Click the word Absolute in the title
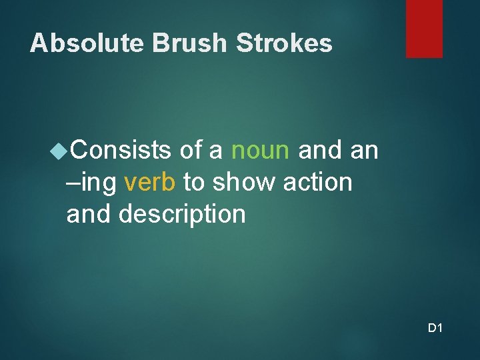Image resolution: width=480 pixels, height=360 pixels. point(87,43)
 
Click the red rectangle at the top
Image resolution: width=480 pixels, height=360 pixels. point(424,28)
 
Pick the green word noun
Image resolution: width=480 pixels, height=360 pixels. point(260,151)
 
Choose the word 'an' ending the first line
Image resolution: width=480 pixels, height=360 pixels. point(364,151)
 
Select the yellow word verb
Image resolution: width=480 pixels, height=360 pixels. point(150,183)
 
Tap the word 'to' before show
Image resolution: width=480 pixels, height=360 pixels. point(194,183)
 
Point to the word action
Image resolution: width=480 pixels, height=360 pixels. point(315,183)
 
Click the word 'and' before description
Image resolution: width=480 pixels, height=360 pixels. point(89,215)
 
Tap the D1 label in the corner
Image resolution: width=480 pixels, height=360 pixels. point(435,328)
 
